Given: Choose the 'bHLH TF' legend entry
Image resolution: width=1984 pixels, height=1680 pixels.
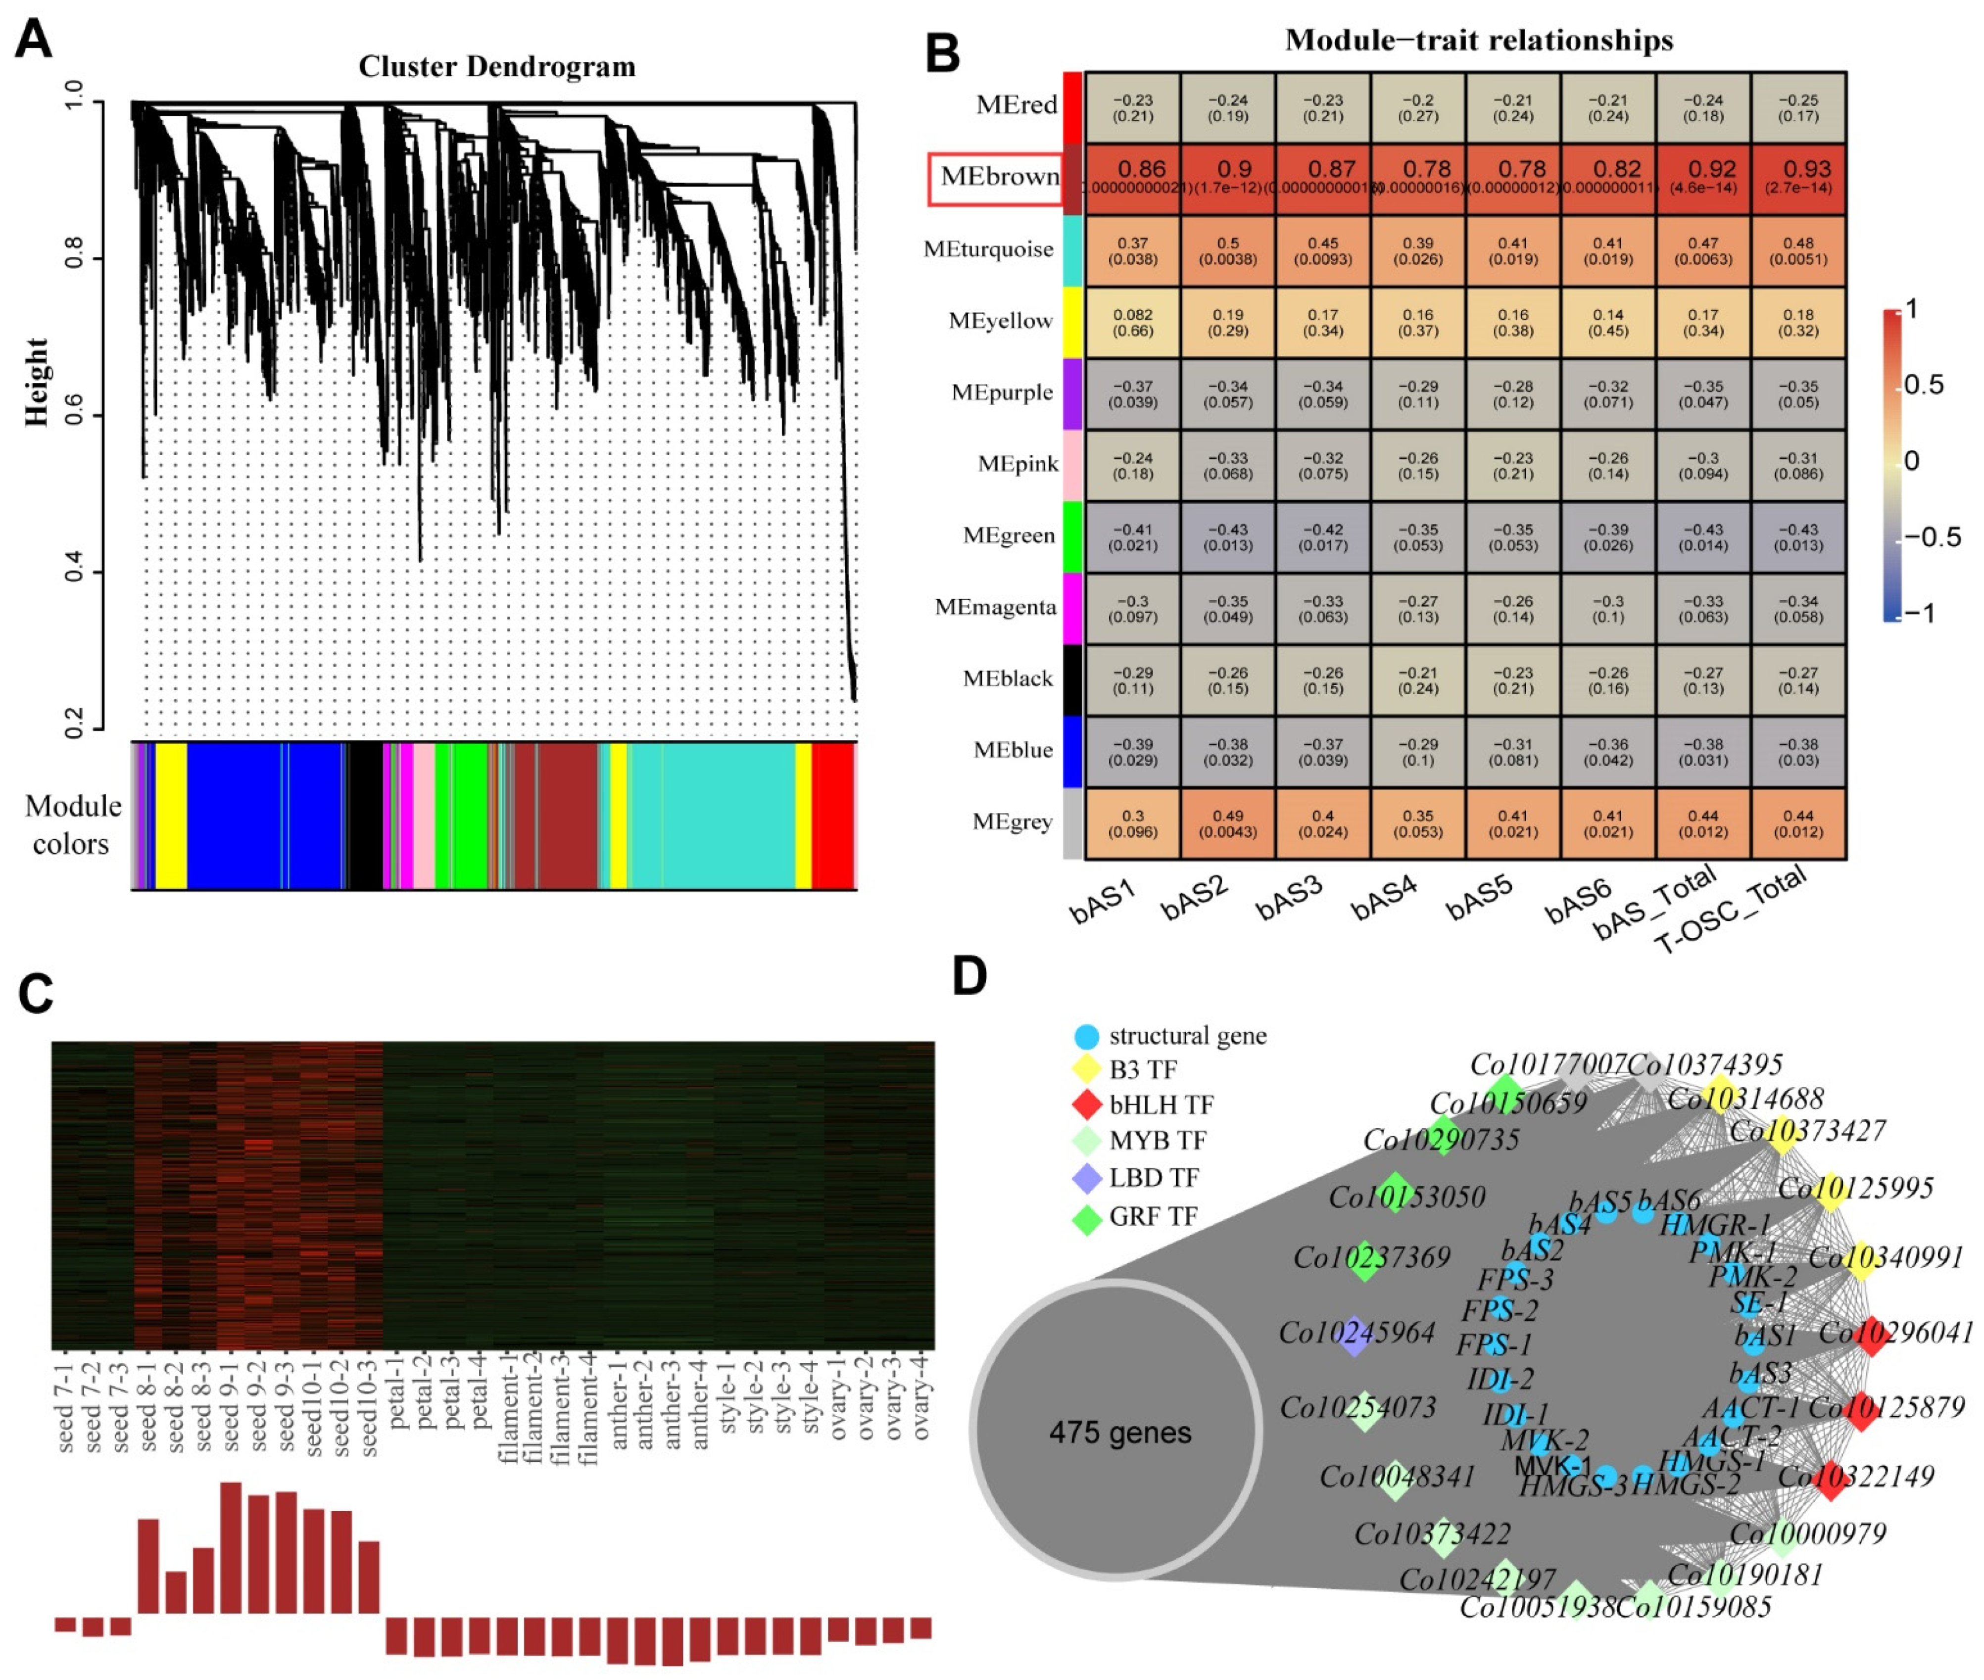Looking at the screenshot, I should (1160, 1105).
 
